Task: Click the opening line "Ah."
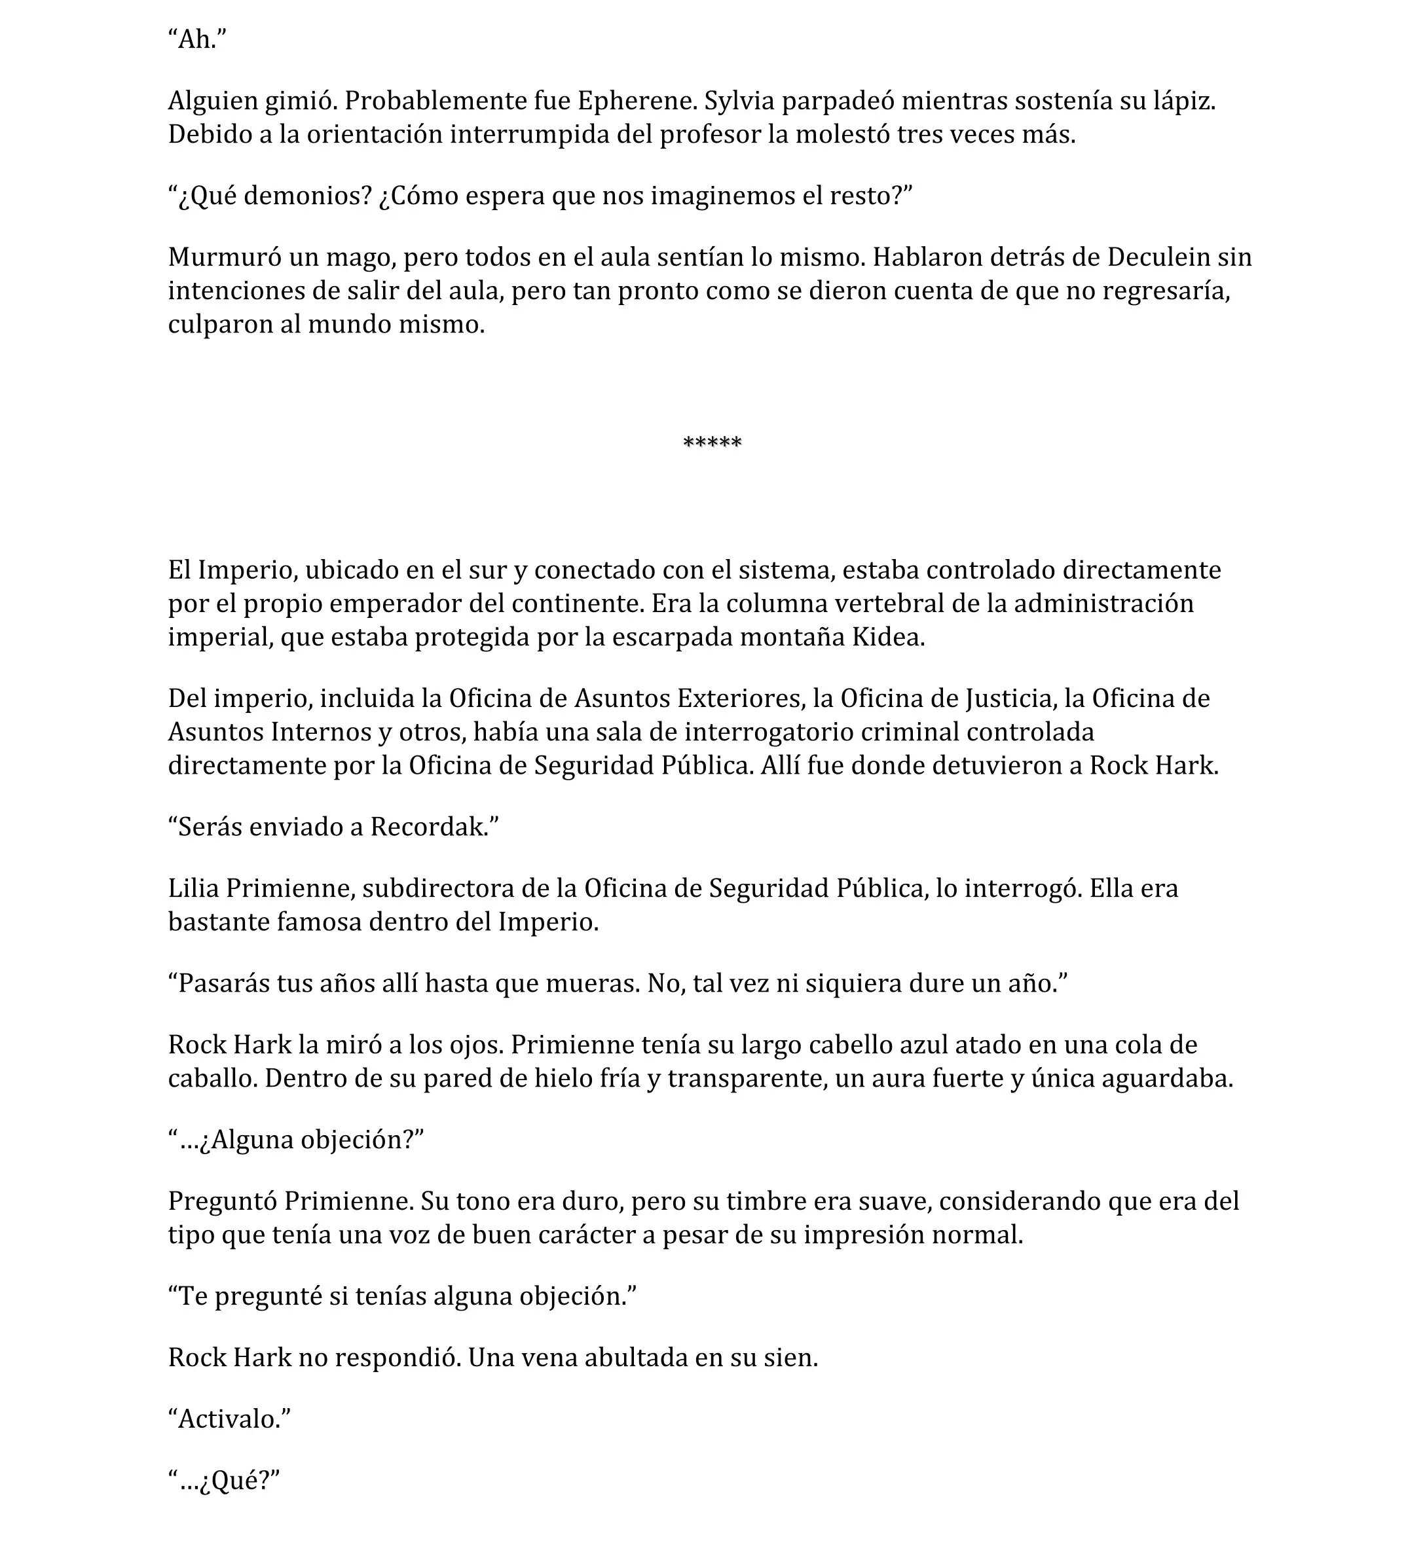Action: coord(197,39)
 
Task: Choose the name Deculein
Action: coord(1158,257)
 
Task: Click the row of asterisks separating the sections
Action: coord(712,443)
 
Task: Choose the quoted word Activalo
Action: coord(229,1419)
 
